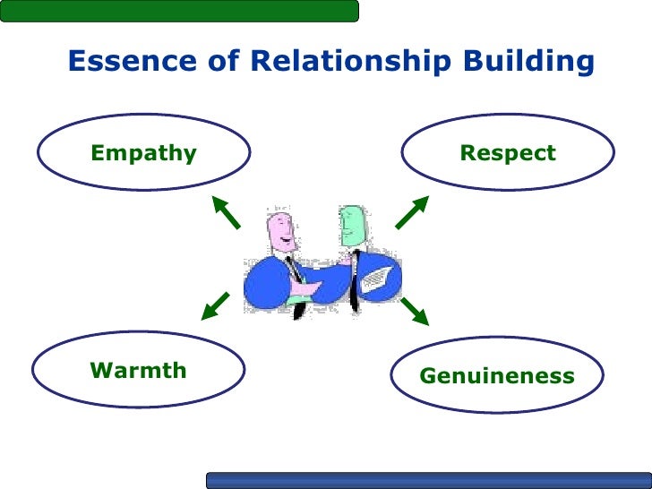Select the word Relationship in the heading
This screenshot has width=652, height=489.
[349, 62]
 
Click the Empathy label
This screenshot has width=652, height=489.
[143, 153]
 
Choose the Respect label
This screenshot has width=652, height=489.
[508, 153]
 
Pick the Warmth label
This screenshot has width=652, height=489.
[139, 370]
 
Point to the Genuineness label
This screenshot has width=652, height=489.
[497, 376]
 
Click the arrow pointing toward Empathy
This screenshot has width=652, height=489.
[226, 212]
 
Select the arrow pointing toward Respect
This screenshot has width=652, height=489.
[411, 212]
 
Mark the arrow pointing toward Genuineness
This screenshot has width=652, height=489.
[415, 310]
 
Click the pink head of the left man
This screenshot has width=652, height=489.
[281, 232]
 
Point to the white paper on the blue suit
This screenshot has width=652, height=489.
[377, 279]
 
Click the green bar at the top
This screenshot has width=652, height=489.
[179, 10]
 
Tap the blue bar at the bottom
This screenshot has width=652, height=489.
[428, 480]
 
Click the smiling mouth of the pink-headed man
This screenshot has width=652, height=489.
[285, 243]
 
